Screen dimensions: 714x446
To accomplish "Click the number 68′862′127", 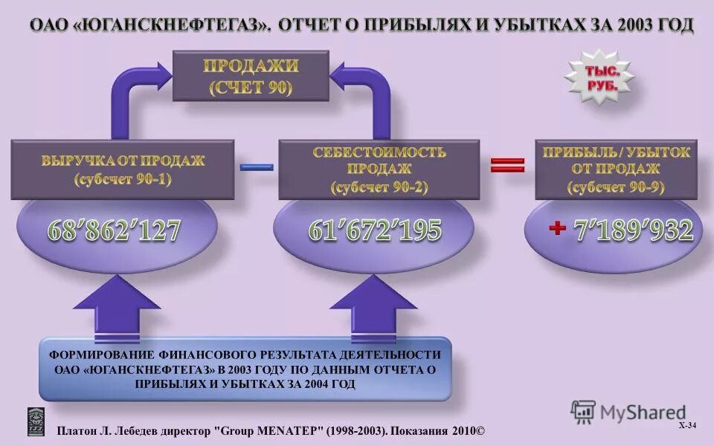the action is pos(115,232).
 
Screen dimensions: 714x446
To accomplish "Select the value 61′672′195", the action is pos(376,231).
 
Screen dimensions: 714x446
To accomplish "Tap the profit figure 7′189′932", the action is pos(634,230).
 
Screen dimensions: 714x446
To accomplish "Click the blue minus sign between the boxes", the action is pos(257,167).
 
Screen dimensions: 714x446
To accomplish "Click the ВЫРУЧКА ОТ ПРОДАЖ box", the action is pos(123,169).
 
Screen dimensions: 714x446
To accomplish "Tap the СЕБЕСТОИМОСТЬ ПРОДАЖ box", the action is pos(379,170).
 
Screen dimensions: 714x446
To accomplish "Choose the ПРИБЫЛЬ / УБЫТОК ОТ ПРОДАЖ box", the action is pos(617,170).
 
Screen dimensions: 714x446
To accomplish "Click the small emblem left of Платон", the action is pos(36,421).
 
